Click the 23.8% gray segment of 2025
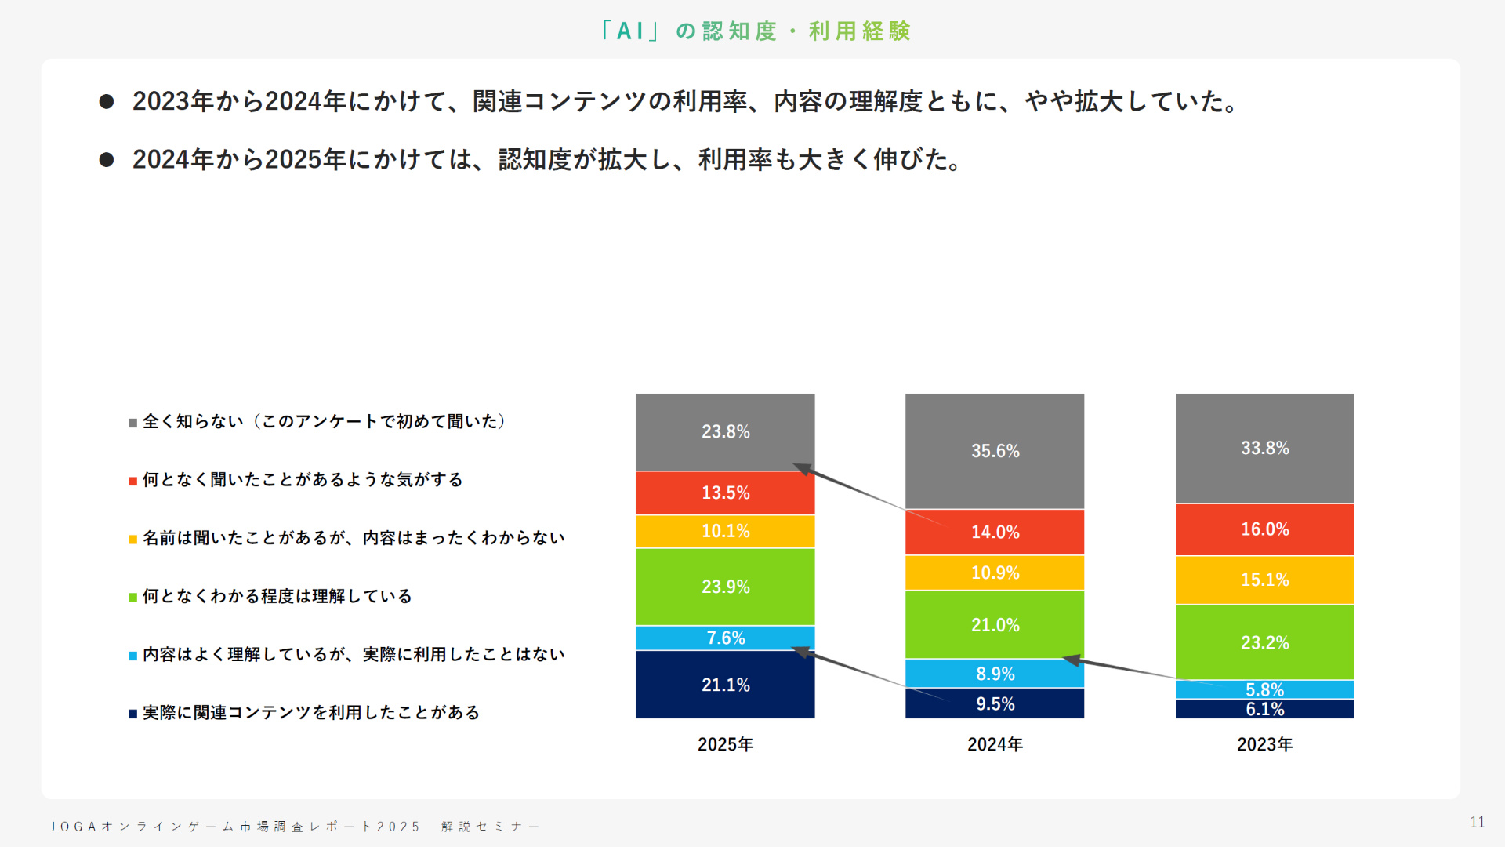click(x=725, y=432)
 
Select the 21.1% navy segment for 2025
click(x=725, y=685)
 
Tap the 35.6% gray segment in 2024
click(x=995, y=451)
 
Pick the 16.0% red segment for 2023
click(x=1264, y=529)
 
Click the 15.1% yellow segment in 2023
click(x=1264, y=580)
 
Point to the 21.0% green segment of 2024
click(x=995, y=625)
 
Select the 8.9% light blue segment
click(x=995, y=674)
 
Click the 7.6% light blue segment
click(x=725, y=638)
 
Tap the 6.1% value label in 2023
click(x=1264, y=710)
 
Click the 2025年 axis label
click(x=725, y=744)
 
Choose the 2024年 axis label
click(x=995, y=744)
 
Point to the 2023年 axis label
click(x=1264, y=744)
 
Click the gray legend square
click(x=133, y=423)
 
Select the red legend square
click(x=133, y=481)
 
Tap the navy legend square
click(x=133, y=714)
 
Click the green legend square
click(x=133, y=598)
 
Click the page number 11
click(x=1477, y=822)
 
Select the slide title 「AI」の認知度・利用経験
click(x=754, y=31)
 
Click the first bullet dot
click(x=107, y=102)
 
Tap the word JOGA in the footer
click(x=73, y=827)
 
